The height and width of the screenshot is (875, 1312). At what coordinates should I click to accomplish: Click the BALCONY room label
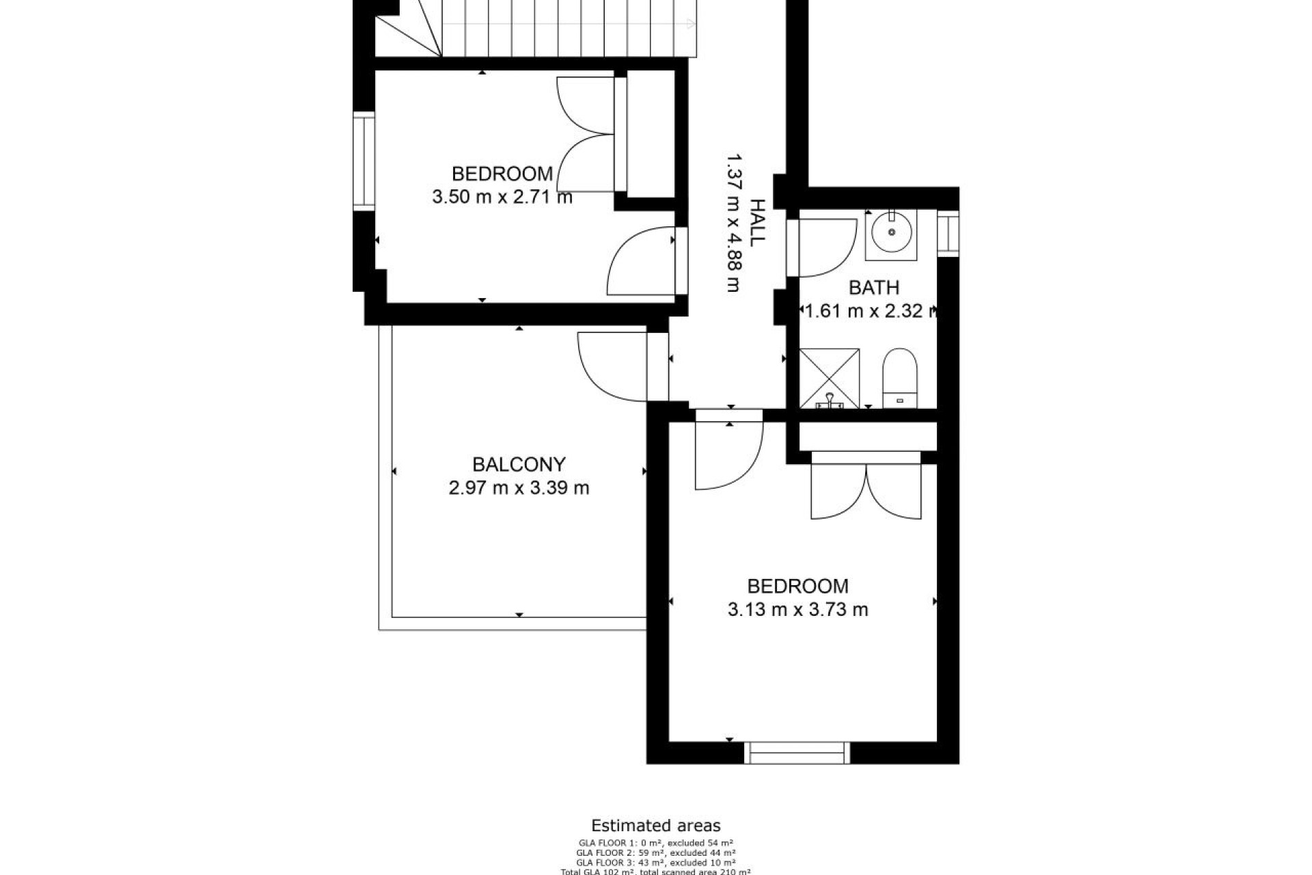tap(519, 465)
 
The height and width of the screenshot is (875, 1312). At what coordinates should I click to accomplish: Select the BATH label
tap(873, 288)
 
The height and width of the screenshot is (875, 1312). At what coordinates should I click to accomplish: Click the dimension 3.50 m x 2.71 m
tap(502, 198)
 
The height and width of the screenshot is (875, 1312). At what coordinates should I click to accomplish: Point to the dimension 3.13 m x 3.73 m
tap(797, 609)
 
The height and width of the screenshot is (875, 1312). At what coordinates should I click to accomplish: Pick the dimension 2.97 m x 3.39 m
tap(519, 488)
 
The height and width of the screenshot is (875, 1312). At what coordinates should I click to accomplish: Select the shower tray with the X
tap(830, 377)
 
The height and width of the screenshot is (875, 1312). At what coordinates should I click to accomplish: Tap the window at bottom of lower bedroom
tap(797, 752)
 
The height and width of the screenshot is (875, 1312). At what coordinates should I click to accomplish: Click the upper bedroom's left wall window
tap(364, 161)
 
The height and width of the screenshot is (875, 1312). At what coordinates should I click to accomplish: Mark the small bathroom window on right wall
tap(948, 233)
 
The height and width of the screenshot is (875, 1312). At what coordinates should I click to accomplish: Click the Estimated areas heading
tap(655, 826)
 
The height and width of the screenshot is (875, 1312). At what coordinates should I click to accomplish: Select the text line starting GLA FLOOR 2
tap(655, 852)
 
